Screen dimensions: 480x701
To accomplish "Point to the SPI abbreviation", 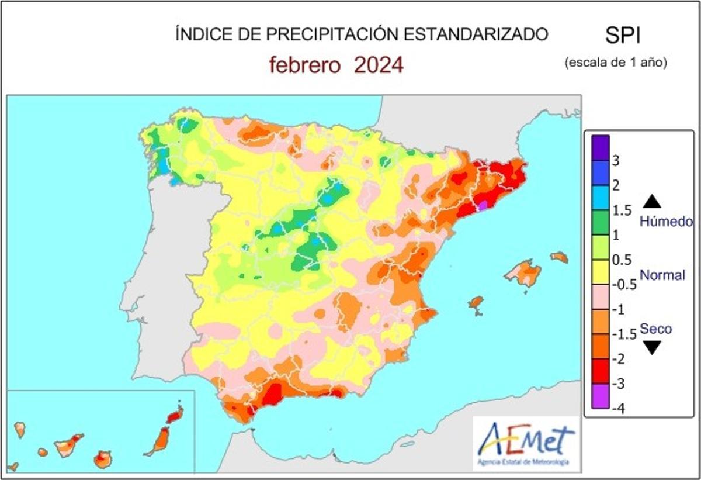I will tap(622, 36).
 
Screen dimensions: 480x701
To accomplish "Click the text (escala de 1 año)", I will tap(616, 62).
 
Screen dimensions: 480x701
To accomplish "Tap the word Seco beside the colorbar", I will tap(655, 329).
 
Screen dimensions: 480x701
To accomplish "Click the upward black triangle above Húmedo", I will tap(653, 202).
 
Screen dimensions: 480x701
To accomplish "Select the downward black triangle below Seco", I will tap(653, 348).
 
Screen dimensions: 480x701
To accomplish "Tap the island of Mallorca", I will tap(524, 273).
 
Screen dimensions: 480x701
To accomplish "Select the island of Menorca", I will tap(560, 257).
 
